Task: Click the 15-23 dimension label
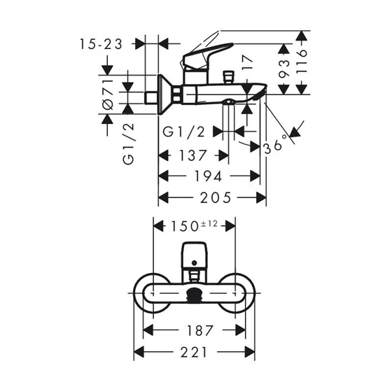click(x=101, y=44)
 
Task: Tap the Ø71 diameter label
click(x=108, y=94)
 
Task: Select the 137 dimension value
click(x=192, y=155)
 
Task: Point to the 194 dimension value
click(x=208, y=176)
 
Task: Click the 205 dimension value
click(x=216, y=197)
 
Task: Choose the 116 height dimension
click(x=301, y=61)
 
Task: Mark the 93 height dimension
click(x=283, y=68)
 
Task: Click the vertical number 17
click(x=248, y=63)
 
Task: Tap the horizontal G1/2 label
click(x=183, y=132)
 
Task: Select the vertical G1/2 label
click(x=129, y=144)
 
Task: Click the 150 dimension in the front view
click(x=185, y=226)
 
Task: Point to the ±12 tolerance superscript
click(x=209, y=224)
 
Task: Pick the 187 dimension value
click(x=200, y=330)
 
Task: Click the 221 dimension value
click(x=194, y=352)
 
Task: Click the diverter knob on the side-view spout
click(x=228, y=77)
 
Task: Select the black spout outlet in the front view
click(x=194, y=295)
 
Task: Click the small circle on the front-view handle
click(x=194, y=262)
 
